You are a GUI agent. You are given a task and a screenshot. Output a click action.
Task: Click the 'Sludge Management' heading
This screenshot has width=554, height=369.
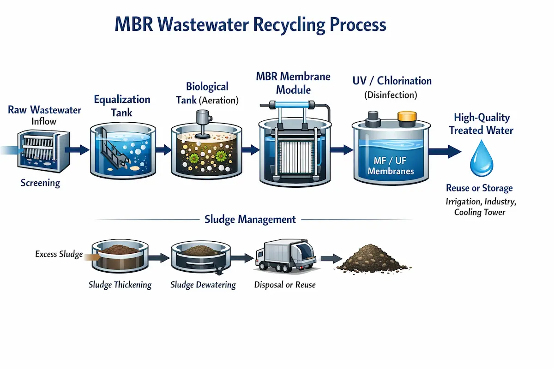(x=250, y=220)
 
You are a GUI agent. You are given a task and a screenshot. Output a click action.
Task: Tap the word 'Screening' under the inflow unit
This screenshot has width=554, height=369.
(x=40, y=183)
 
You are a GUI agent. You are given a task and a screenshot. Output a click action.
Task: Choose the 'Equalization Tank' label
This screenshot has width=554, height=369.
(x=122, y=106)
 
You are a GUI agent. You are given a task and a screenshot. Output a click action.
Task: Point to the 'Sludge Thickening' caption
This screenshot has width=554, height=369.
(x=120, y=285)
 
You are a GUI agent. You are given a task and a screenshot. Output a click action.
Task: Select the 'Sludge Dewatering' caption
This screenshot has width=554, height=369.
(x=203, y=285)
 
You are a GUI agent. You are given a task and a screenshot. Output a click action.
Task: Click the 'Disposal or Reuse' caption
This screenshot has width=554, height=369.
(x=285, y=285)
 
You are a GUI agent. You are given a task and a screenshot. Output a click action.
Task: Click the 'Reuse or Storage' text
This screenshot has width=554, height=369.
(x=479, y=188)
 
